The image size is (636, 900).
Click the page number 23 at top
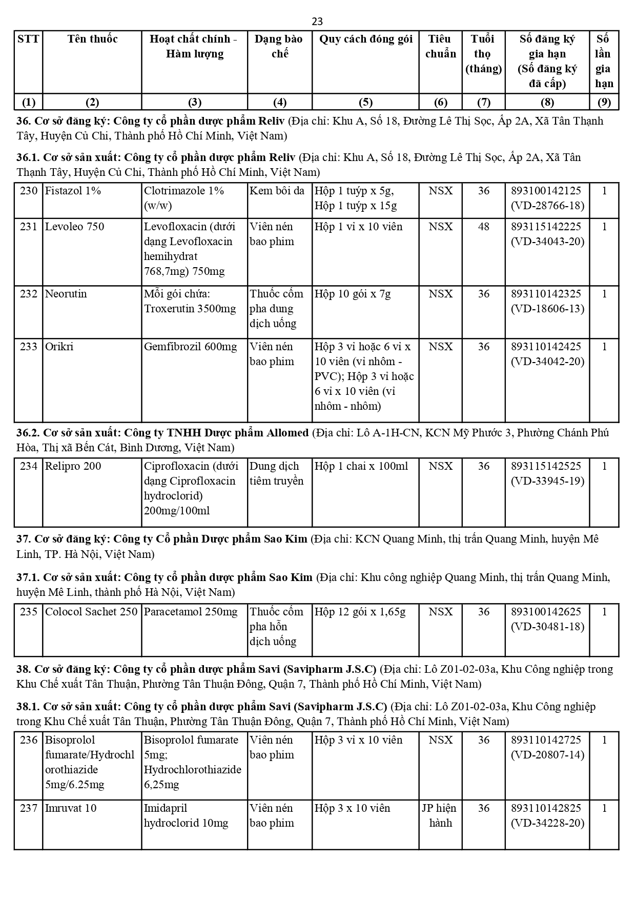click(x=317, y=22)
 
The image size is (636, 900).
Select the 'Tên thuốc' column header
click(x=92, y=39)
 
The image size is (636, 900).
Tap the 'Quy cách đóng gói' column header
click(x=365, y=39)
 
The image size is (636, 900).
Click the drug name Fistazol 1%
click(x=73, y=191)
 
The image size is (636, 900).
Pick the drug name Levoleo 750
click(x=74, y=227)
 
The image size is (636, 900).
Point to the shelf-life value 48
click(x=483, y=227)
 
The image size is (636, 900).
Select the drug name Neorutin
click(x=66, y=294)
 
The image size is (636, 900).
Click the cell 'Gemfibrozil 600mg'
click(x=191, y=347)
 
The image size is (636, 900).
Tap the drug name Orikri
click(x=59, y=347)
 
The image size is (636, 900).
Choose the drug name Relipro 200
click(x=73, y=467)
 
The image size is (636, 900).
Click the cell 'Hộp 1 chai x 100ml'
click(x=361, y=467)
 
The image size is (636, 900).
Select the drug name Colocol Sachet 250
click(x=91, y=612)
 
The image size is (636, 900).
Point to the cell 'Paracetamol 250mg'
click(x=191, y=612)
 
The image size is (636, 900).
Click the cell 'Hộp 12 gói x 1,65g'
click(x=360, y=612)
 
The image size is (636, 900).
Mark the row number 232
click(x=29, y=294)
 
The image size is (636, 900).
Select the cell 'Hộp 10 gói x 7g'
click(x=353, y=294)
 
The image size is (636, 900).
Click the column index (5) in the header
click(x=365, y=102)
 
